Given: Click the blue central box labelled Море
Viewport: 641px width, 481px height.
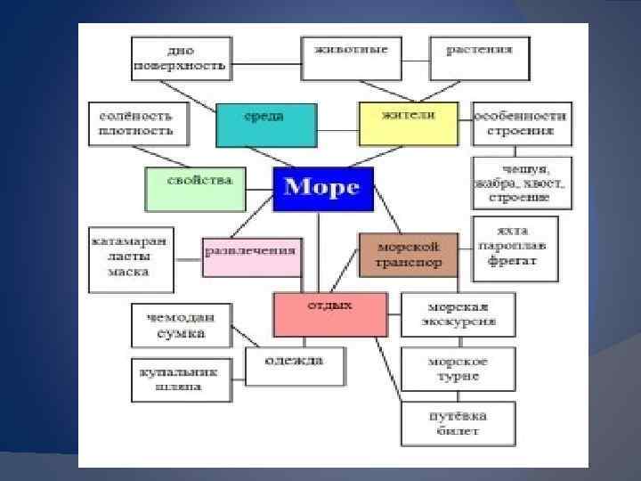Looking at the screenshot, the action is coord(322,189).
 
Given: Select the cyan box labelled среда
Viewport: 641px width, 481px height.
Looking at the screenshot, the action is coord(265,125).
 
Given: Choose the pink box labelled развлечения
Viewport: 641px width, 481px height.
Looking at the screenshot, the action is coord(250,257).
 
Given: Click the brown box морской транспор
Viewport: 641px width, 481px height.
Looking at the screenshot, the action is coord(409,255).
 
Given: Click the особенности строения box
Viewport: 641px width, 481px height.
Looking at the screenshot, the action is coord(521,124).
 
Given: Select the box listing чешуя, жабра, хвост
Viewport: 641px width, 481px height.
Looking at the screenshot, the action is coord(522,183).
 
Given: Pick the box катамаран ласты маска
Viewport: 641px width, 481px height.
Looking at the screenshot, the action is coord(132,259).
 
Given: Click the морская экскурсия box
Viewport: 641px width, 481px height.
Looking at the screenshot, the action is coord(458,314).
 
